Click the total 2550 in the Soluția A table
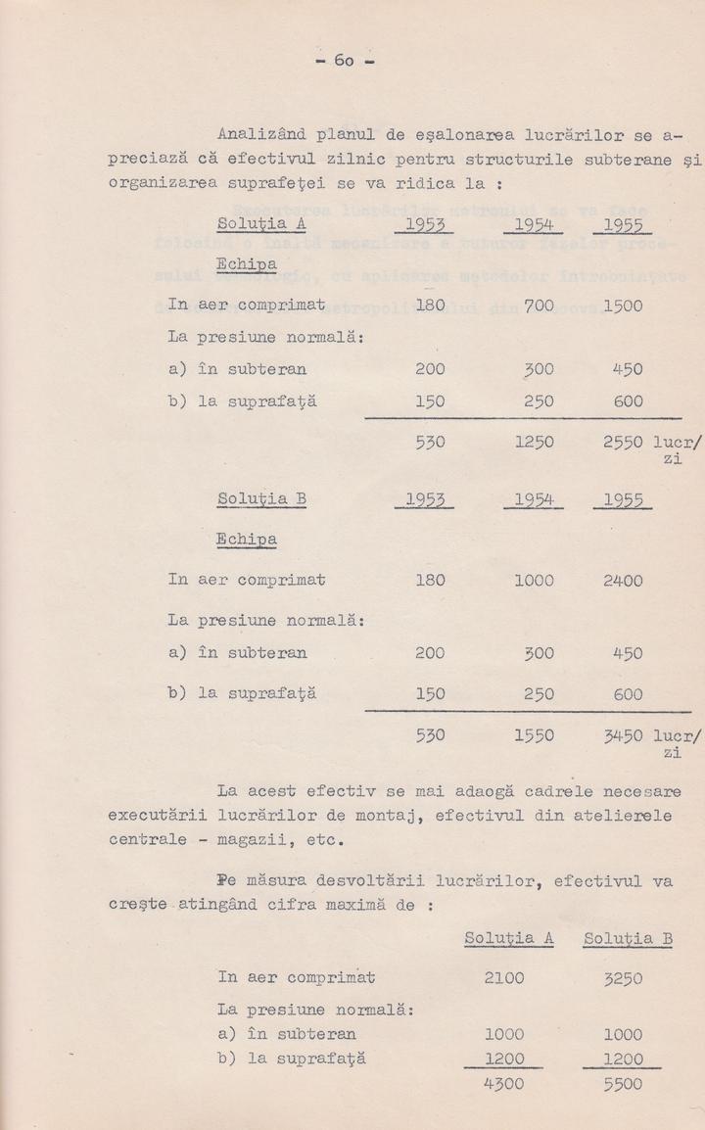pos(623,443)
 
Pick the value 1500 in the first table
pos(623,306)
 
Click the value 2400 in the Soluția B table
pos(623,581)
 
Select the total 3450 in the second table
pos(623,732)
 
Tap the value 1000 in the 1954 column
pos(534,581)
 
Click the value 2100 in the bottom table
pos(504,977)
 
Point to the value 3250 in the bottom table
pos(623,977)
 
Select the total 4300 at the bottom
pos(504,1085)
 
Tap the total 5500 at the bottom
pos(623,1085)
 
